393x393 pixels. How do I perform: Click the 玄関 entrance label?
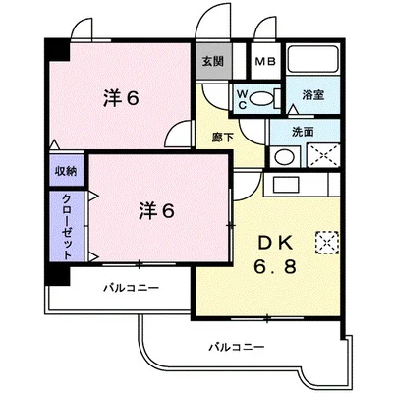[212, 60]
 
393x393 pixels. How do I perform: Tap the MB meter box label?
[265, 60]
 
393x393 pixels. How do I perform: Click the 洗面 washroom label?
[304, 132]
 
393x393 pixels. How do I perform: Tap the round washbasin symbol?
[282, 154]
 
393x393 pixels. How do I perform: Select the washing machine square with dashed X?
[321, 155]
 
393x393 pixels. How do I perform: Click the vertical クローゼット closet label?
[66, 224]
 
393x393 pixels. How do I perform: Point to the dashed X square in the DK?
[325, 240]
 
